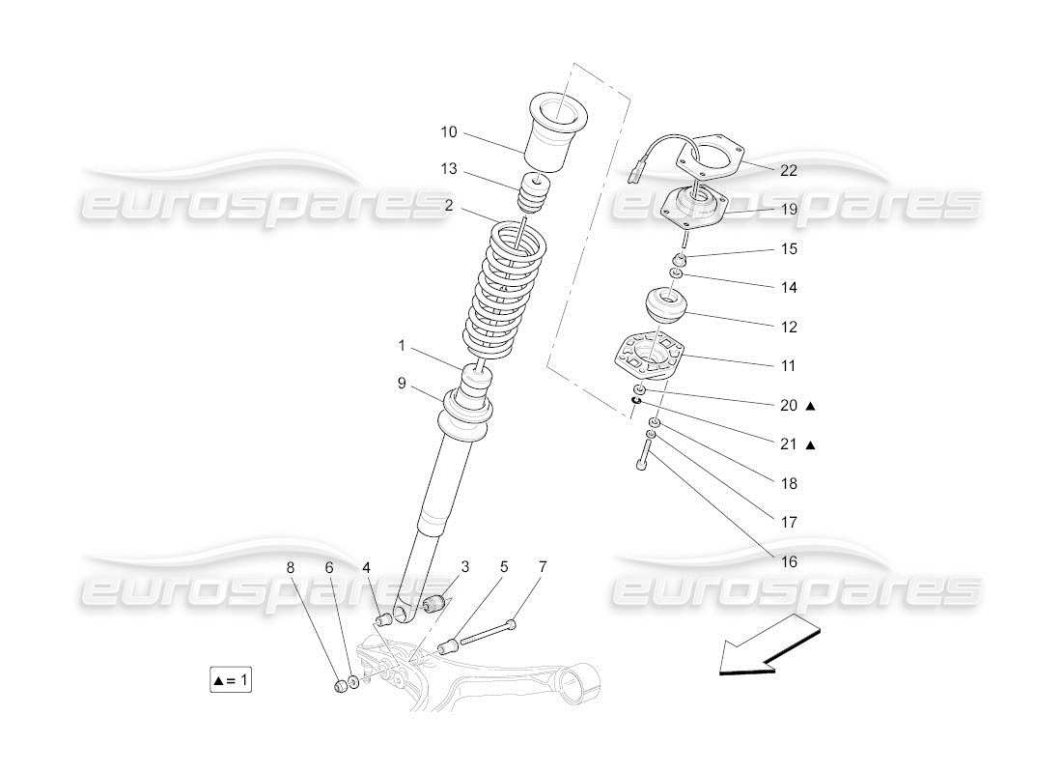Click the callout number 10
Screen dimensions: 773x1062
[449, 131]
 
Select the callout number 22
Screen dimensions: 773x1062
[789, 170]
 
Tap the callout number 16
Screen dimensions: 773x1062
[789, 561]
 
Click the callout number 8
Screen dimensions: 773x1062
[292, 567]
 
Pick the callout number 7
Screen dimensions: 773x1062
[543, 567]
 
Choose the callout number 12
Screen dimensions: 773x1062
[789, 327]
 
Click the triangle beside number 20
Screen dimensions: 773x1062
[811, 406]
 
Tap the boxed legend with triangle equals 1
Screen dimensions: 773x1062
[231, 680]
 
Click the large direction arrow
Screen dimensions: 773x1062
[769, 645]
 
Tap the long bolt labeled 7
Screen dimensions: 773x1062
[488, 634]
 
